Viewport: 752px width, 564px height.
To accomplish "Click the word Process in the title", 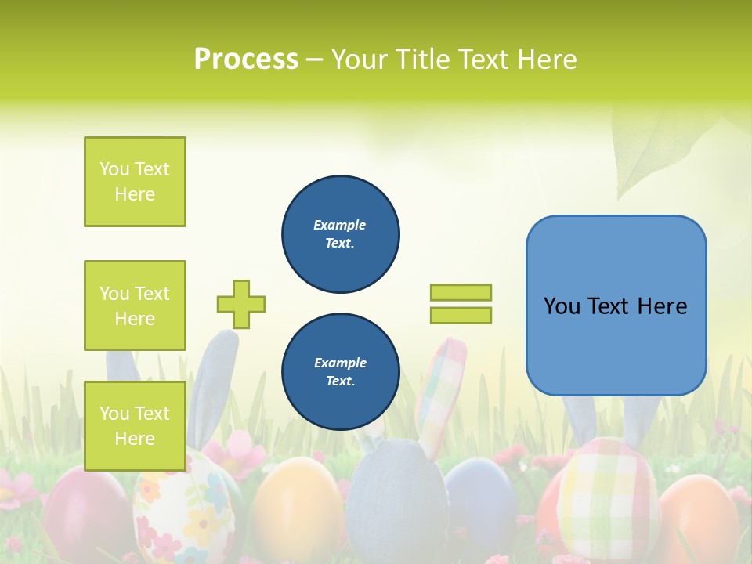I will (x=246, y=60).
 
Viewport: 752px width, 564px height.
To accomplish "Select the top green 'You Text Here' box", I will (x=135, y=182).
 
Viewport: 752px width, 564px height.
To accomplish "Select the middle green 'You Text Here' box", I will (x=135, y=305).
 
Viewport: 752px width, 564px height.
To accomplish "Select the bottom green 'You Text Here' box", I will (x=135, y=425).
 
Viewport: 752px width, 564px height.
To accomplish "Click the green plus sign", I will (x=241, y=304).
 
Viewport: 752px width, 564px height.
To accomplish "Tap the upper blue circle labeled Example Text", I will (x=340, y=234).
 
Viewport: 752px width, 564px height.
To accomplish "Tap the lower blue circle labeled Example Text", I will (x=340, y=372).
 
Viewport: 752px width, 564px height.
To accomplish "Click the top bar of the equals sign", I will (x=461, y=292).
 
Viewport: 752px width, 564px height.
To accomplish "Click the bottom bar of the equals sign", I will (x=461, y=315).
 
